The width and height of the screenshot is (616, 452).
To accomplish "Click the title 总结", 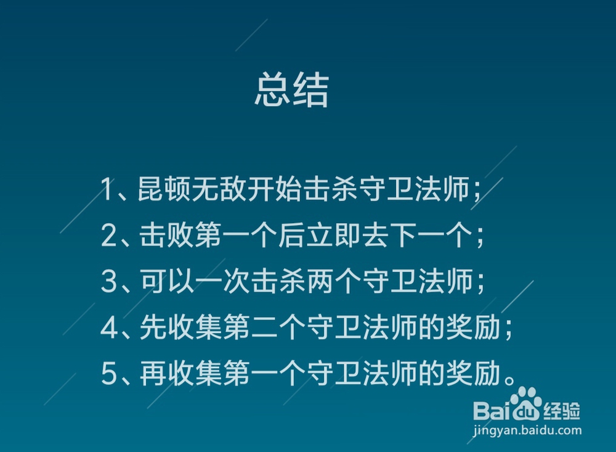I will [x=291, y=91].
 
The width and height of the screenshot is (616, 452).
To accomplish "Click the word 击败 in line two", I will [x=165, y=236].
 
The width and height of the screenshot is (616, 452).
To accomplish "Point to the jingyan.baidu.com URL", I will [x=527, y=430].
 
